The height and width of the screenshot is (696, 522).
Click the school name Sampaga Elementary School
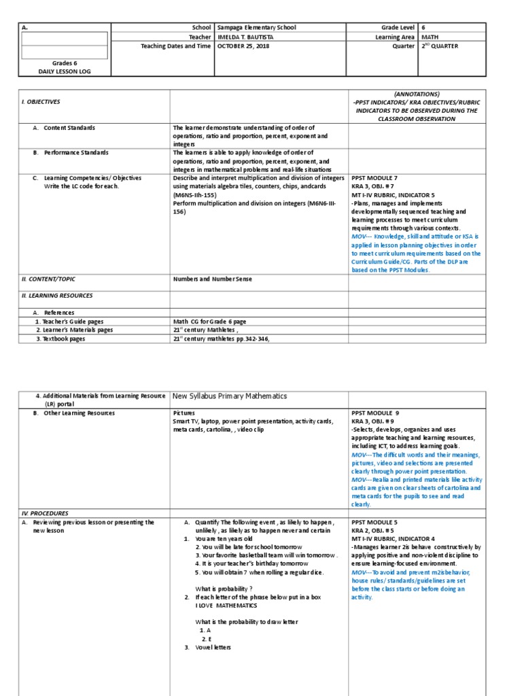pos(256,27)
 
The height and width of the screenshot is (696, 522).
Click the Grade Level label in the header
pos(395,27)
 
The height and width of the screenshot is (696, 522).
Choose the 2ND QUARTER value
pos(440,46)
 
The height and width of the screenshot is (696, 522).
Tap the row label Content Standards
pos(69,127)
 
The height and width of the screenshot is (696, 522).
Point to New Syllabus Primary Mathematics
pos(230,396)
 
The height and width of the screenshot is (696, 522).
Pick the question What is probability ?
pos(224,588)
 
